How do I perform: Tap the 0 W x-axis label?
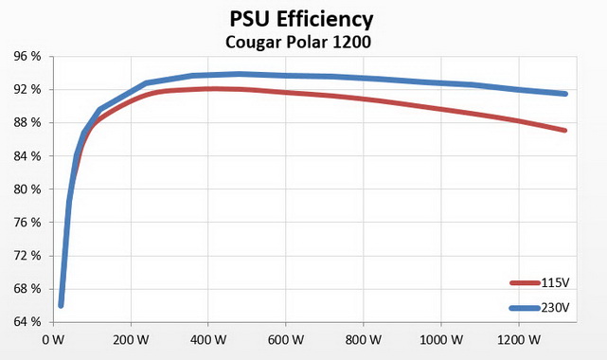click(x=52, y=339)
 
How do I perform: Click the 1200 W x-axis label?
click(x=531, y=339)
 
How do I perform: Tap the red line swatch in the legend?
click(x=524, y=283)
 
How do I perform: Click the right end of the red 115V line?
click(x=565, y=130)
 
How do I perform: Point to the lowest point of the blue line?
click(x=61, y=304)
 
